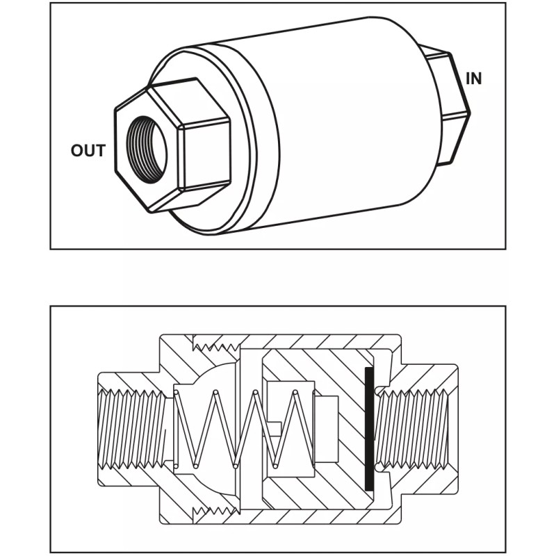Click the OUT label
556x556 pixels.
88,150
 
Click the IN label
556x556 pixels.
473,79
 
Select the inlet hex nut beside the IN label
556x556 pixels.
452,104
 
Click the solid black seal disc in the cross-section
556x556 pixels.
369,427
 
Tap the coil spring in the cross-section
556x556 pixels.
243,427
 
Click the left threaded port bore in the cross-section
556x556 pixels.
132,427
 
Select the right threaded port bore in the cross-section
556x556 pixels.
417,427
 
